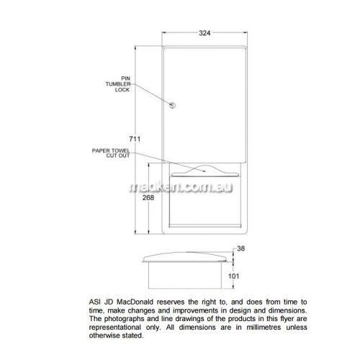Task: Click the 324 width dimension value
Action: click(x=204, y=33)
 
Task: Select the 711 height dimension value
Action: click(x=135, y=139)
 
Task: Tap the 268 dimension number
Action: click(x=148, y=198)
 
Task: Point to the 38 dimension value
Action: click(x=240, y=248)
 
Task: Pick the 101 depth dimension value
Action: click(x=233, y=276)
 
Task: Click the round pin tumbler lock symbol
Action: click(x=172, y=105)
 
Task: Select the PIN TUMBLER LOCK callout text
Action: click(x=118, y=84)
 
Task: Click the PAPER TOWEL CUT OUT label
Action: click(x=111, y=153)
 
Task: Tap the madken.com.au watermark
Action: click(x=181, y=187)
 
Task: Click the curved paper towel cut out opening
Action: click(x=206, y=171)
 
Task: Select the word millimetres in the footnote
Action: click(x=264, y=327)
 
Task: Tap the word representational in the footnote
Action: click(x=115, y=328)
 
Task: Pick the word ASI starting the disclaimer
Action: click(x=94, y=302)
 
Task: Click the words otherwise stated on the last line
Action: click(x=116, y=336)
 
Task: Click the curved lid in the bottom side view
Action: click(x=185, y=257)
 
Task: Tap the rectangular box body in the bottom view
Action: click(x=185, y=275)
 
